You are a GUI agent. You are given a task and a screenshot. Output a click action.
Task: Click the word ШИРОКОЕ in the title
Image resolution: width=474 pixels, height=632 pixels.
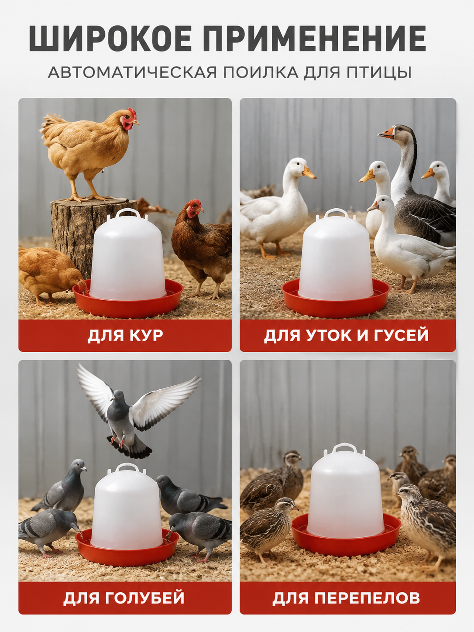tap(110, 38)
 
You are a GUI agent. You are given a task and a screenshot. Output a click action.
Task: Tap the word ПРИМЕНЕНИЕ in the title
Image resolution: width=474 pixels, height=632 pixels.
tap(315, 38)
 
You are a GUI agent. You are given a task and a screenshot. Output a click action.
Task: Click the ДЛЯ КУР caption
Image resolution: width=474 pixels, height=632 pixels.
tap(125, 336)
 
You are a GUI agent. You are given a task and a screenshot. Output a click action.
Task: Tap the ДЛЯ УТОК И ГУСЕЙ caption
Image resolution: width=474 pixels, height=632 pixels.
tap(347, 336)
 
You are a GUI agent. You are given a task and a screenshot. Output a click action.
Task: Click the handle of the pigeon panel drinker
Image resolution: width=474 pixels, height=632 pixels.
tap(127, 468)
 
